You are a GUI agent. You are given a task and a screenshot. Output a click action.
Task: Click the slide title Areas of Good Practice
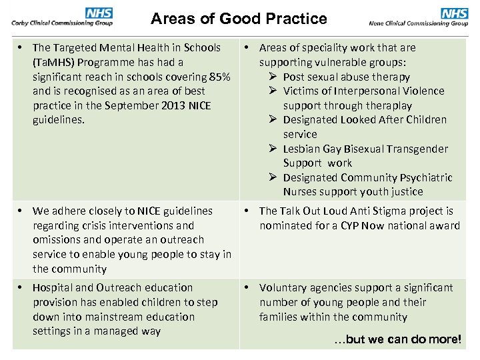point(239,19)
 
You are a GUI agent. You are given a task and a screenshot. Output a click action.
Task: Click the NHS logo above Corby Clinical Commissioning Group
point(99,13)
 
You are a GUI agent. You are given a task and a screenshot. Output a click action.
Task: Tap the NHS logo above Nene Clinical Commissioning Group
point(454,13)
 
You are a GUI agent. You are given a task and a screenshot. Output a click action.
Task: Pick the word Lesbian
point(303,149)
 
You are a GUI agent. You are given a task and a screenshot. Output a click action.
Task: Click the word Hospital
point(54,287)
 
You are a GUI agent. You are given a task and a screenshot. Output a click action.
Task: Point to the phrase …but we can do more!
point(397,339)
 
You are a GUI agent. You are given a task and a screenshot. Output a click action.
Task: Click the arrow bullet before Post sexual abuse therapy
point(271,77)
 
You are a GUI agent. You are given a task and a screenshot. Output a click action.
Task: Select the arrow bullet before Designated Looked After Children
point(271,120)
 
